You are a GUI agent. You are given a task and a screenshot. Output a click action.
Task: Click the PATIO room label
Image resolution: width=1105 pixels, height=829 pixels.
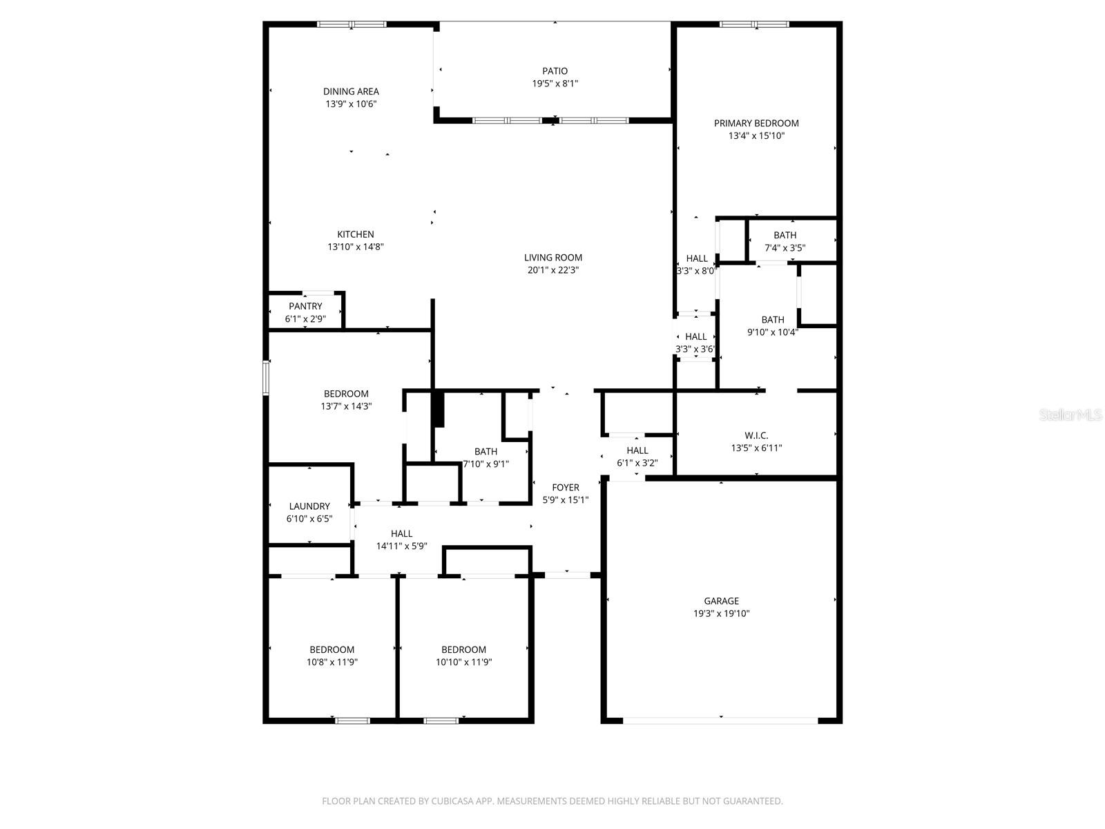pos(555,71)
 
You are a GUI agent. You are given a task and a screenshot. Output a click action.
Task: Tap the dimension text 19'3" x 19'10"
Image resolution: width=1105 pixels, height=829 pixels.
pos(721,613)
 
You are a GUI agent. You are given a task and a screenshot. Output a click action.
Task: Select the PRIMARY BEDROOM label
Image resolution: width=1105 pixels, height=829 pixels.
pos(756,123)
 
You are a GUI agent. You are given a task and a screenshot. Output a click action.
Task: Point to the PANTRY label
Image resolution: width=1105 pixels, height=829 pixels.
pos(305,306)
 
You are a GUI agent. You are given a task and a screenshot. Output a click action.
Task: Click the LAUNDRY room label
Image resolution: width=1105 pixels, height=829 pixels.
pos(309,506)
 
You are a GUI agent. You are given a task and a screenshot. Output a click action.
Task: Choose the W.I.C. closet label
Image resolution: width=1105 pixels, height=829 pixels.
pos(756,435)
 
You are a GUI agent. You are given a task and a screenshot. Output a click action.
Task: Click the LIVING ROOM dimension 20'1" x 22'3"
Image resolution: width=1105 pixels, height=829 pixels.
pos(552,270)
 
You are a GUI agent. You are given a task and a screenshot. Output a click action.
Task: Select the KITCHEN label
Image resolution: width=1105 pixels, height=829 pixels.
pos(355,234)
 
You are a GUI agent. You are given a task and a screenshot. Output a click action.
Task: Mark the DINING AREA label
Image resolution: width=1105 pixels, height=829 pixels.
pos(351,91)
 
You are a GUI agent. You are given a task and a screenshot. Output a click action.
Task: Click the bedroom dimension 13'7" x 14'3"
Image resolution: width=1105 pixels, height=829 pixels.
pos(346,406)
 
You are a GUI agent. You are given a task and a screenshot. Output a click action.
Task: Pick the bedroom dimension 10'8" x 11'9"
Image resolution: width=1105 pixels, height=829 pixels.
pos(331,662)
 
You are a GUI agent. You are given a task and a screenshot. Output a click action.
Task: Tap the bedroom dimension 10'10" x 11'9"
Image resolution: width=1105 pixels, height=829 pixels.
pos(463,662)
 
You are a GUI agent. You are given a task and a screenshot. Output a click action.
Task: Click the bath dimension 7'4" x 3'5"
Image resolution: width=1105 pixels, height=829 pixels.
pos(785,247)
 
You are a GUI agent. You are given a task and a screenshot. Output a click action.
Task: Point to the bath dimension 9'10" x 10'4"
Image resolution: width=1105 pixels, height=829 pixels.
pos(772,332)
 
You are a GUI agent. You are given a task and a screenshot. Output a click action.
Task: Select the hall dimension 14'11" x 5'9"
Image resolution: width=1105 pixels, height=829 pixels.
pos(401,546)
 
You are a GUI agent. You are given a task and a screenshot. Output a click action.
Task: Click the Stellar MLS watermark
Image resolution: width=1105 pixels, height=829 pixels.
pos(1070,415)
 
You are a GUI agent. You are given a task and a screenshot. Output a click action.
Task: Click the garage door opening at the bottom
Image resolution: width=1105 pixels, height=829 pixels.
pos(720,721)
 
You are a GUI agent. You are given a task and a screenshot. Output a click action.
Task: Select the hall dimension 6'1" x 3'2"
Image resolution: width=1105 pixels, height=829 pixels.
pos(637,463)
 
